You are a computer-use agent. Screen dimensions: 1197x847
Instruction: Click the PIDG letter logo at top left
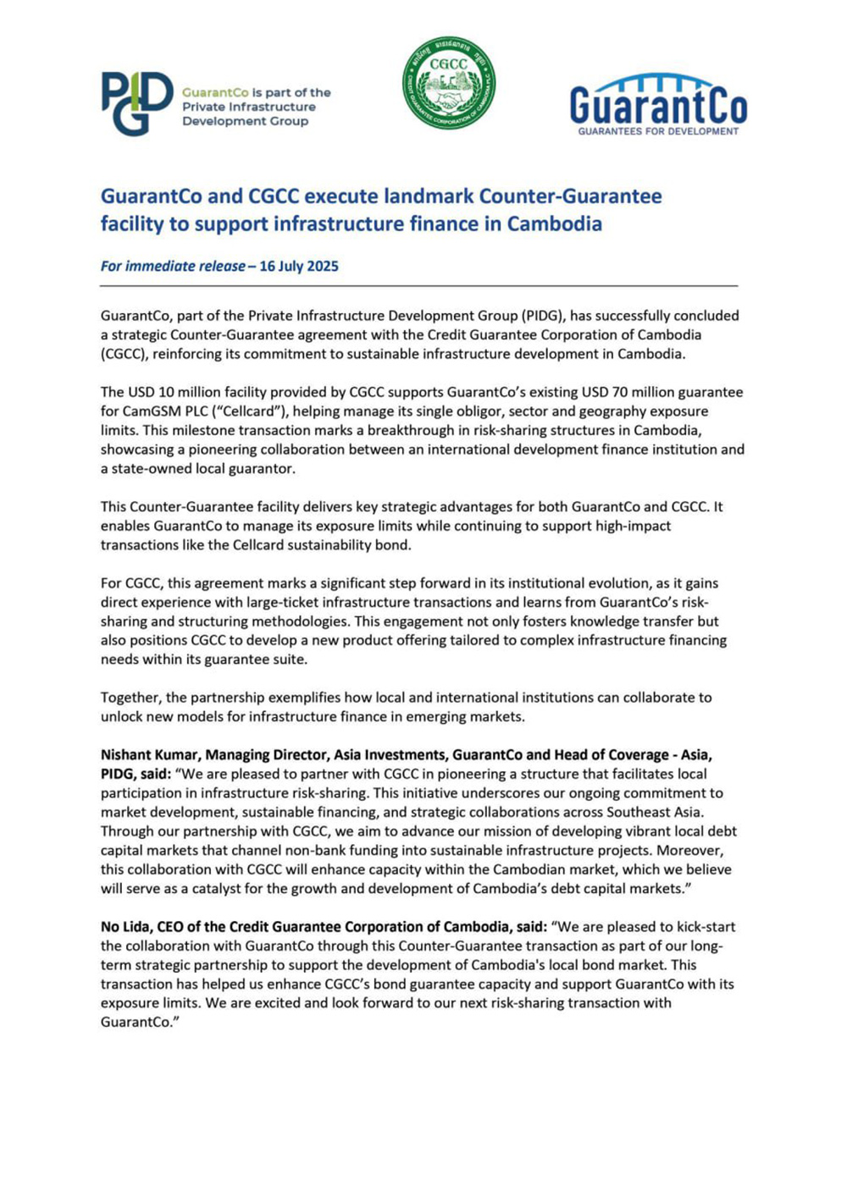pos(136,103)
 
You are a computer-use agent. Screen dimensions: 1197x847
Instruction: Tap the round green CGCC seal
pos(449,83)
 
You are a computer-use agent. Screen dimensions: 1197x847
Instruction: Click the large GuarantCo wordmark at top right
pos(658,106)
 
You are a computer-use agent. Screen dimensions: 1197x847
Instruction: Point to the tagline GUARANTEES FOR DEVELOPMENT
pos(658,131)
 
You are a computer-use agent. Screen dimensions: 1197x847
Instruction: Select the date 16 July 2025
pos(298,266)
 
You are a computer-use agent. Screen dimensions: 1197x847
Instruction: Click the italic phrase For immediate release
pos(172,266)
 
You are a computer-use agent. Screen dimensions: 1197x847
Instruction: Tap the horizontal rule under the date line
pos(418,286)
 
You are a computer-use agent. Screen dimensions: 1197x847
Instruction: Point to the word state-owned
pos(152,468)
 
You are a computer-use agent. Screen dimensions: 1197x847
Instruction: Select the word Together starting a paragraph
pos(130,698)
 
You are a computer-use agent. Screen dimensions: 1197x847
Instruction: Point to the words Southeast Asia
pos(651,812)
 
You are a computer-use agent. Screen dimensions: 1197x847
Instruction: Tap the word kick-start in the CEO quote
pos(704,926)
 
